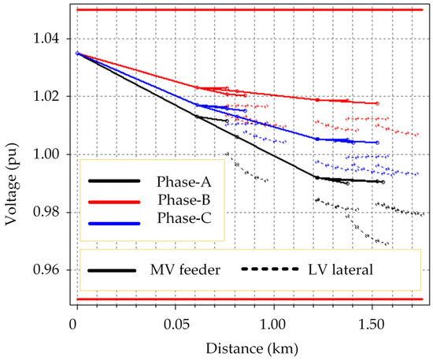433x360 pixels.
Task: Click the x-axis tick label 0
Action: (75, 323)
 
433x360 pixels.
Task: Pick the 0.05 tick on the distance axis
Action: (174, 323)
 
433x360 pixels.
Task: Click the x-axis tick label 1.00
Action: (273, 323)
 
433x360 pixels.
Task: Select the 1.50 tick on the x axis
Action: (372, 323)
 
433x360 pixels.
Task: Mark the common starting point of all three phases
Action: (77, 54)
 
